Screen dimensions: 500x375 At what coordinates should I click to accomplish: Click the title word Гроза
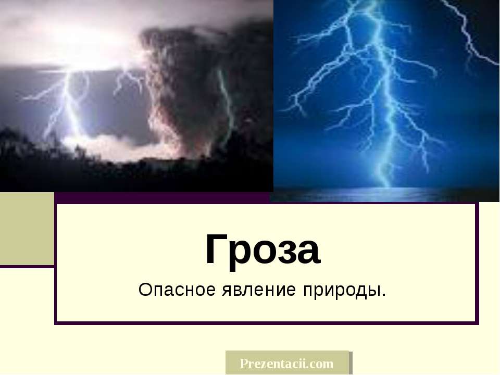click(262, 249)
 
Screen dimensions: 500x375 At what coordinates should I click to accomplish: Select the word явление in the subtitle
click(259, 290)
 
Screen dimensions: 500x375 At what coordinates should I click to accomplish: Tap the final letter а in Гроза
click(308, 253)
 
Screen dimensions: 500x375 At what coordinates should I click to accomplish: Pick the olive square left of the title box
click(27, 229)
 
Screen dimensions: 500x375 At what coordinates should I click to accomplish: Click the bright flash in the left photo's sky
click(83, 45)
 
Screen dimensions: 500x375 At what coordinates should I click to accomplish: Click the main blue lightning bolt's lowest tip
click(388, 186)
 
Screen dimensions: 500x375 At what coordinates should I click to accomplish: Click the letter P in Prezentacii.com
click(244, 364)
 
